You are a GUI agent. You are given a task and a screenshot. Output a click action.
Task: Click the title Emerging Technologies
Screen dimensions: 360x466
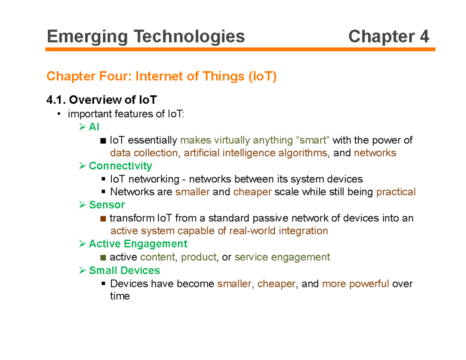click(146, 37)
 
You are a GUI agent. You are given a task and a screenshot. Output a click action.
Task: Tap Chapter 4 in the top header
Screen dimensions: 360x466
click(389, 37)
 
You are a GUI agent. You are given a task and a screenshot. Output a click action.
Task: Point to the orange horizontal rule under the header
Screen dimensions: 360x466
click(240, 49)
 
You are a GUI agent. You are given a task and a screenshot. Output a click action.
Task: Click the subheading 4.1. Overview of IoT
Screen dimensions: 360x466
click(101, 100)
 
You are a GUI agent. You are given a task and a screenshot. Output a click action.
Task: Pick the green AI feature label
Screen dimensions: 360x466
click(94, 127)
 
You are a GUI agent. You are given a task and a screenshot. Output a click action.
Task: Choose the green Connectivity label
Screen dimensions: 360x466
click(120, 166)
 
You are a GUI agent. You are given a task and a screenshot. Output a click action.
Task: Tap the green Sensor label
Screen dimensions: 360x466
click(107, 205)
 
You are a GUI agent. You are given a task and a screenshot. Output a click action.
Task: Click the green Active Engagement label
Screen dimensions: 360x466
click(138, 244)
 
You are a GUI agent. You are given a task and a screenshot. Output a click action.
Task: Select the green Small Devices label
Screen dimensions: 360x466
click(124, 270)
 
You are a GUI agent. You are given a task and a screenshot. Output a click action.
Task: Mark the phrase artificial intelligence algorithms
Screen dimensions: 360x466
click(255, 153)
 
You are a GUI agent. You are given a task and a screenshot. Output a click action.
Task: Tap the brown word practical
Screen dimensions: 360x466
click(396, 192)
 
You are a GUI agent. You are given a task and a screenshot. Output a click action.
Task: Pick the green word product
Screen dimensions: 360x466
click(199, 257)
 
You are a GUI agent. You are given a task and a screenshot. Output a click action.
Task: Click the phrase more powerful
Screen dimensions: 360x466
click(355, 283)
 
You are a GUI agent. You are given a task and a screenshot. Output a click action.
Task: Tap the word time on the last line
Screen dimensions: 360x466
click(120, 296)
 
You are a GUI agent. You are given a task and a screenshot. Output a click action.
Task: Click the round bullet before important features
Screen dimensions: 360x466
click(59, 114)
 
